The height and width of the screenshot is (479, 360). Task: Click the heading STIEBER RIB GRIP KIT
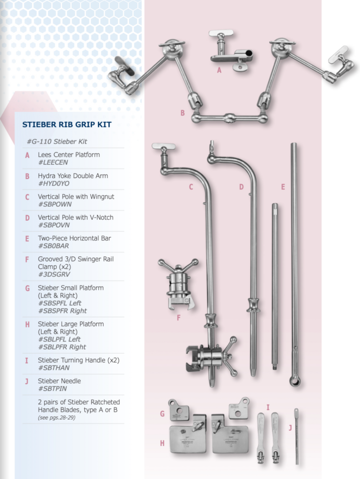coord(66,124)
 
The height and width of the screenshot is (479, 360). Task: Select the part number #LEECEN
coord(53,162)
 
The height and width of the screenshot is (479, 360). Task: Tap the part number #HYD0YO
coord(54,183)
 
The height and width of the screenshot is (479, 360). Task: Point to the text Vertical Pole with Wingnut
coord(76,196)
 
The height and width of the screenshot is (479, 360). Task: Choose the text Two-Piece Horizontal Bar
coord(74,238)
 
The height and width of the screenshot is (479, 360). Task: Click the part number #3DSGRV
coord(54,274)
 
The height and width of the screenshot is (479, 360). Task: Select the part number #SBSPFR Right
coord(62,311)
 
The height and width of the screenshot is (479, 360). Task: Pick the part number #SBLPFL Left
coord(59,339)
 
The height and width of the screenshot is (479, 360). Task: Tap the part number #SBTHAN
coord(54,368)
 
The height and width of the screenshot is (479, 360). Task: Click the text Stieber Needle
coord(59,381)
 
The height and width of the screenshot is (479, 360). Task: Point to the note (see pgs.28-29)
coord(57,418)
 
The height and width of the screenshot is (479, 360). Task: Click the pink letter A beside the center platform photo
coord(219,70)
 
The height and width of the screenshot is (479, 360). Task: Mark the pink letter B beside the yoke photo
coord(183,113)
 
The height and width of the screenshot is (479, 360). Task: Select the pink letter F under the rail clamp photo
coord(178,318)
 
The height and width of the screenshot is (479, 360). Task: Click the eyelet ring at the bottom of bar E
coord(295,381)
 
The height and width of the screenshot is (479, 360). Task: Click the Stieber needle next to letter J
coord(296,436)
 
